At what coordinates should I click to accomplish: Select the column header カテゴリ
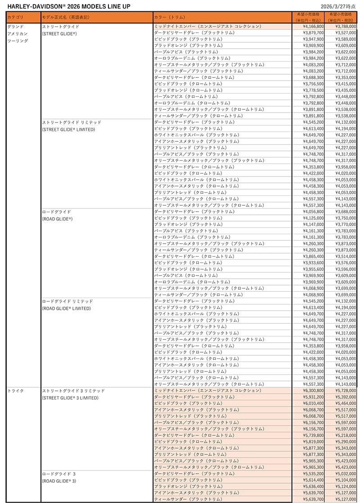click(16, 17)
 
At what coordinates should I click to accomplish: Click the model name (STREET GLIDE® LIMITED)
click(68, 130)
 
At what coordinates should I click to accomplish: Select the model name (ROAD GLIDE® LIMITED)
click(66, 308)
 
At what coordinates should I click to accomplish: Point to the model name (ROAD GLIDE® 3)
click(59, 481)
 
